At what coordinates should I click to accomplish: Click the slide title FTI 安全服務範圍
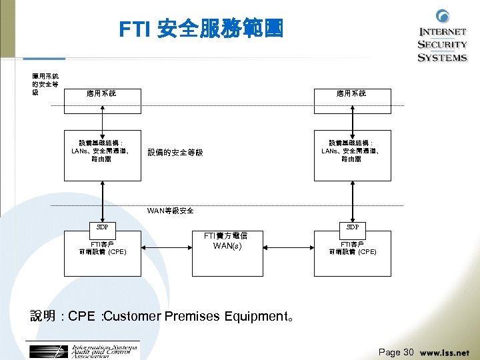click(x=201, y=29)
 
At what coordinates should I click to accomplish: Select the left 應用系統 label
click(x=101, y=93)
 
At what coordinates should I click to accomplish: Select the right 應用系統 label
click(x=351, y=93)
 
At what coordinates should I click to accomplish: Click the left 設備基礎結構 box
click(x=102, y=155)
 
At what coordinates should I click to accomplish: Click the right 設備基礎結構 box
click(x=351, y=155)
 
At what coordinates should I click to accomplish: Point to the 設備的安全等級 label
click(x=175, y=153)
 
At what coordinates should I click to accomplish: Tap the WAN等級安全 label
click(x=171, y=211)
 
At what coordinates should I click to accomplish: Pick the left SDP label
click(x=102, y=227)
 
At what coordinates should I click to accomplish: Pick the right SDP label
click(x=351, y=227)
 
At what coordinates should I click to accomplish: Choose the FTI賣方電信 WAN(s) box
click(x=228, y=253)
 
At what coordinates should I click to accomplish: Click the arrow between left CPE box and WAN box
click(x=166, y=248)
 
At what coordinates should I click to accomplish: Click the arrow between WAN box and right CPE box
click(x=289, y=248)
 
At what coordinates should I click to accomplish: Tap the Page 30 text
click(x=396, y=352)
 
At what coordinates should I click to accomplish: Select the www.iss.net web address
click(x=445, y=352)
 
